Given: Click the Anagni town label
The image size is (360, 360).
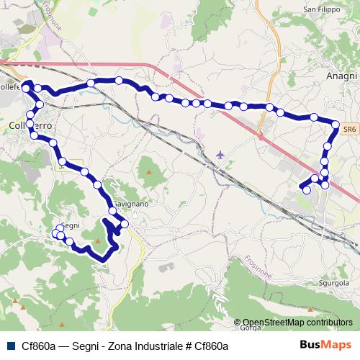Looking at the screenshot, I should click(341, 76).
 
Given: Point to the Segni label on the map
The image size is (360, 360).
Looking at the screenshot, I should click(70, 225).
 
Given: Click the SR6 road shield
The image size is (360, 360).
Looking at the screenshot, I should click(349, 127).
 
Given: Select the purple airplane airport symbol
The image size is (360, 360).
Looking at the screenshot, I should click(220, 154).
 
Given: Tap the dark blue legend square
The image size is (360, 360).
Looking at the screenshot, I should click(11, 346).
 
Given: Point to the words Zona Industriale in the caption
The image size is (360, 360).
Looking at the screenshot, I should click(148, 346).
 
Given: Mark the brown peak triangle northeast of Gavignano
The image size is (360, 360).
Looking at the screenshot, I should click(150, 172).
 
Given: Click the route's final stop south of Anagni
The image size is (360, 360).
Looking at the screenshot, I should click(306, 190).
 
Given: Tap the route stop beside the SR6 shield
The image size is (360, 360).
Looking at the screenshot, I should click(336, 125).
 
